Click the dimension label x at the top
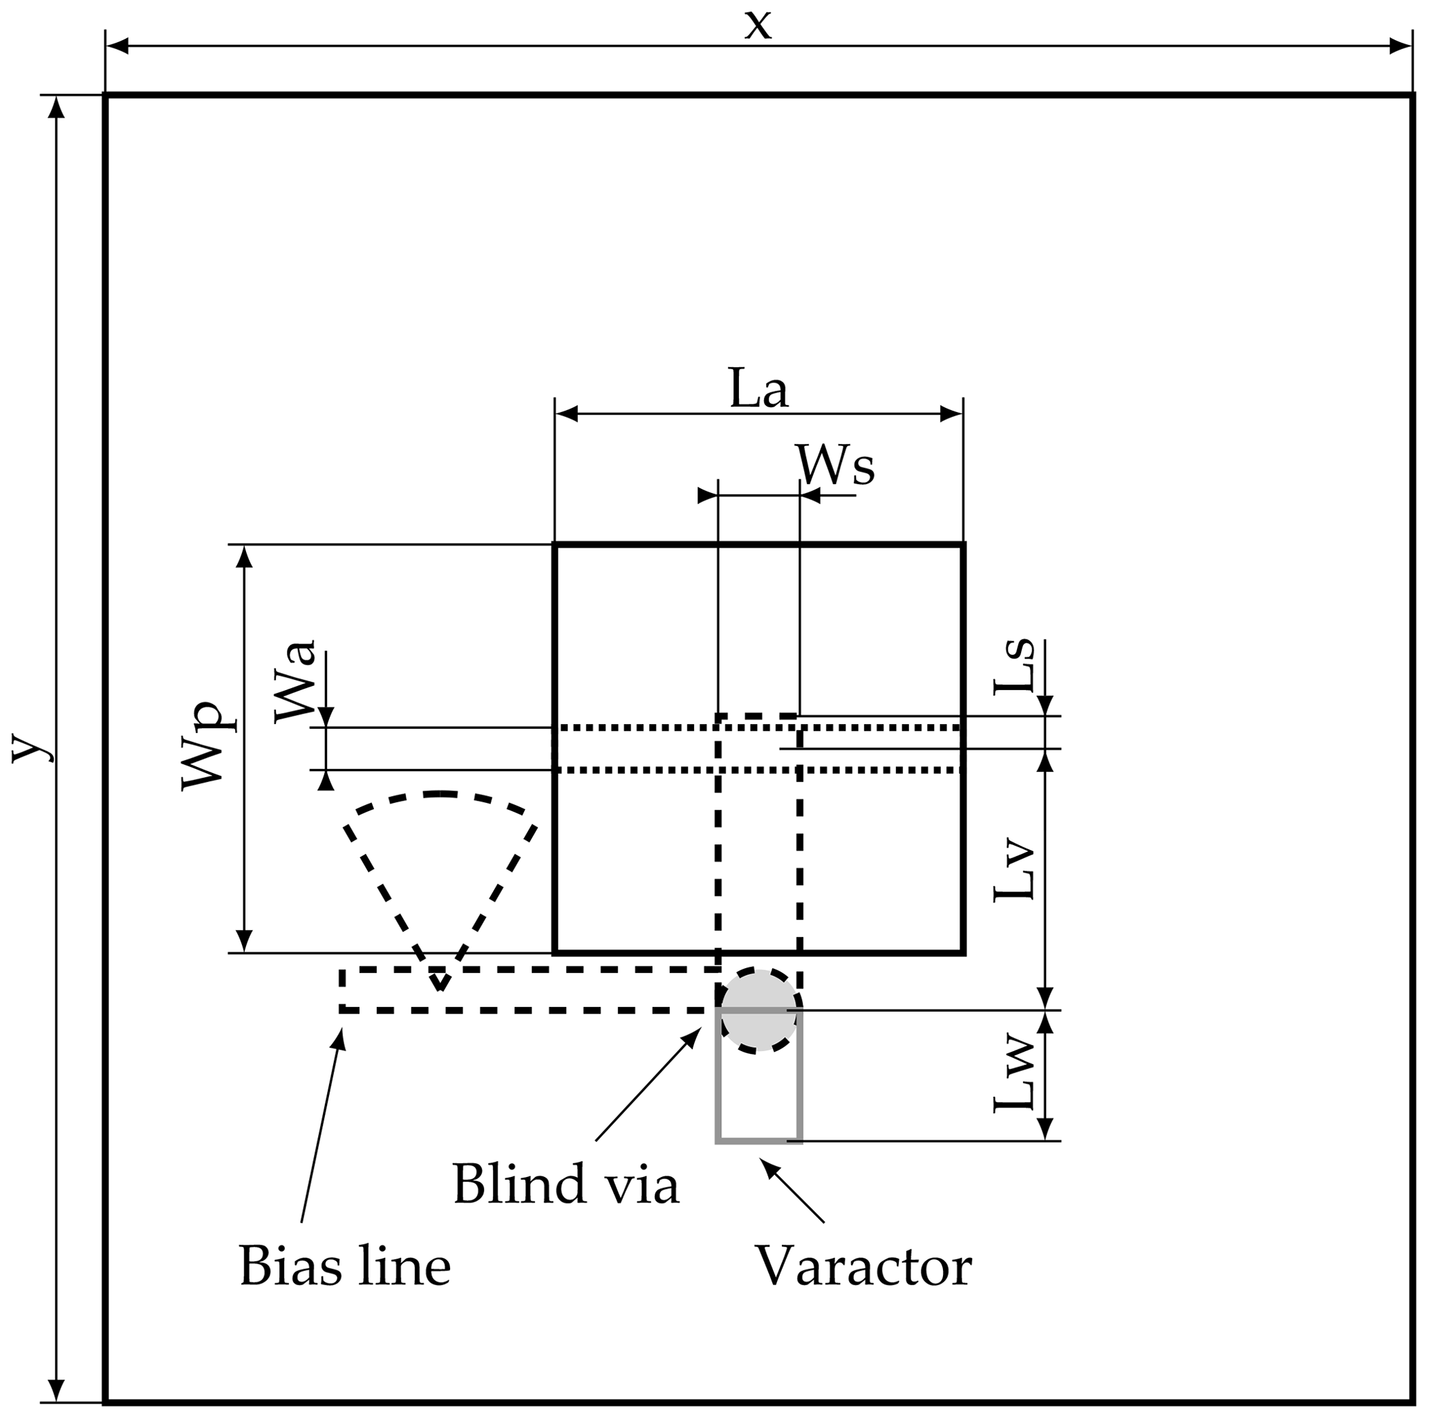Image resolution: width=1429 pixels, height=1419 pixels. point(758,26)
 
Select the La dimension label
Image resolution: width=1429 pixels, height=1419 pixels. point(758,389)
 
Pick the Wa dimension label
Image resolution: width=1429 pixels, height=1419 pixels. point(295,681)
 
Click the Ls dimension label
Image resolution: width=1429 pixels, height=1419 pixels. point(1014,666)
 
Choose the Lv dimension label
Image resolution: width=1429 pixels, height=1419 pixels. point(1014,871)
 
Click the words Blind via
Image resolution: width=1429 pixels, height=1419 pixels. point(566,1185)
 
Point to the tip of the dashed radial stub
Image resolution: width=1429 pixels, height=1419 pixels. point(440,988)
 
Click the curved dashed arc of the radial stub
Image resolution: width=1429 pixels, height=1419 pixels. point(440,794)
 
